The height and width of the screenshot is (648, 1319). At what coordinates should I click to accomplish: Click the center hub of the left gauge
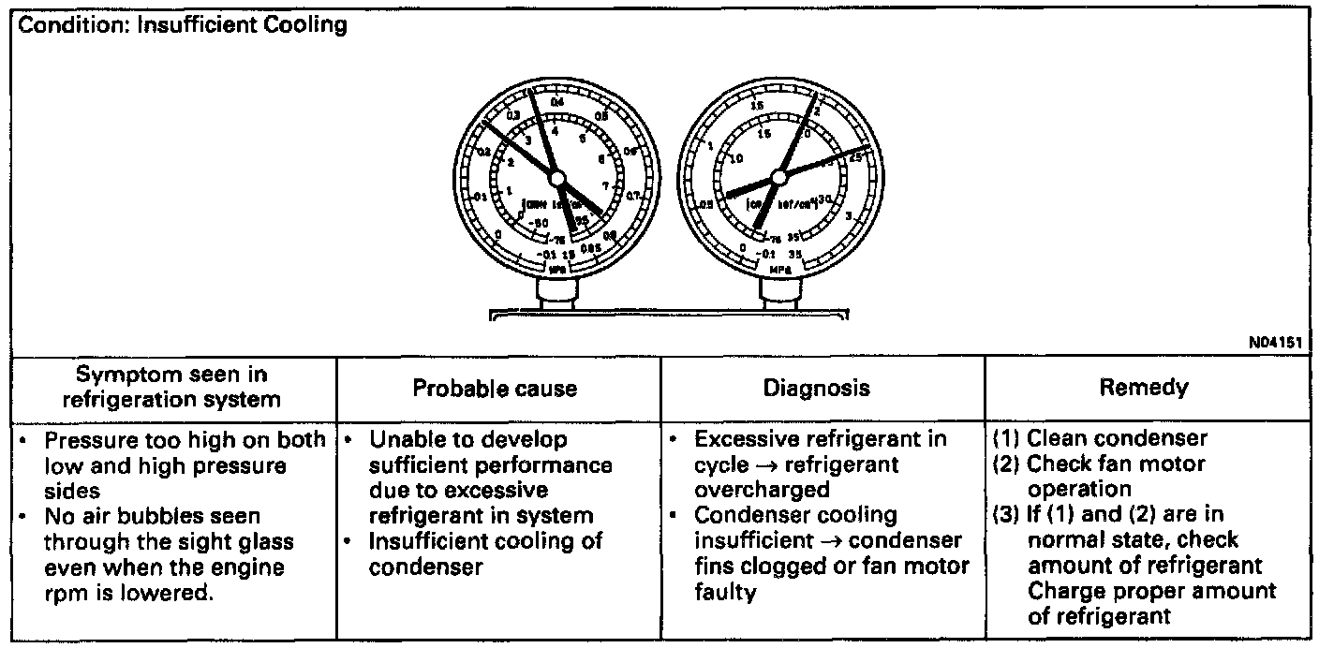click(556, 177)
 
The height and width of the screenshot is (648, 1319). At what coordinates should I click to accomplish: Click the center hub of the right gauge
click(778, 176)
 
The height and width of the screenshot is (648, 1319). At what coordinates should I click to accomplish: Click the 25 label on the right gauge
click(854, 157)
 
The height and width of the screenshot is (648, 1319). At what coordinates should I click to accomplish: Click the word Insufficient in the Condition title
click(190, 25)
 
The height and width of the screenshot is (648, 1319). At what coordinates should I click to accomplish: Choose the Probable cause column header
click(496, 389)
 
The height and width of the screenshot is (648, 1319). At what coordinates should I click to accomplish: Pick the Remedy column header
click(1145, 388)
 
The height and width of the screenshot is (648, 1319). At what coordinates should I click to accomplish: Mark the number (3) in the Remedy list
click(1006, 515)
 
